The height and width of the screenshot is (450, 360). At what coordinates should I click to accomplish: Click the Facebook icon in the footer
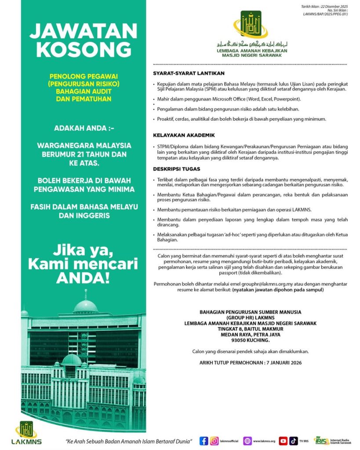tap(204, 440)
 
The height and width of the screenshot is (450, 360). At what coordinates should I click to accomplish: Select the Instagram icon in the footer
tap(214, 440)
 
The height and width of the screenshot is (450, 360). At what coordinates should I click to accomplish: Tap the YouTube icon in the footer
tap(283, 440)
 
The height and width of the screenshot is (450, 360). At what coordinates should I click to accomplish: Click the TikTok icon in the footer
tap(293, 440)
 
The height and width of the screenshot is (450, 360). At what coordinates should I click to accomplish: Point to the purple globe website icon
tap(247, 440)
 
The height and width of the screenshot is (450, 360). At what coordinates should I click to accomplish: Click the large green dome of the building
tap(85, 305)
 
